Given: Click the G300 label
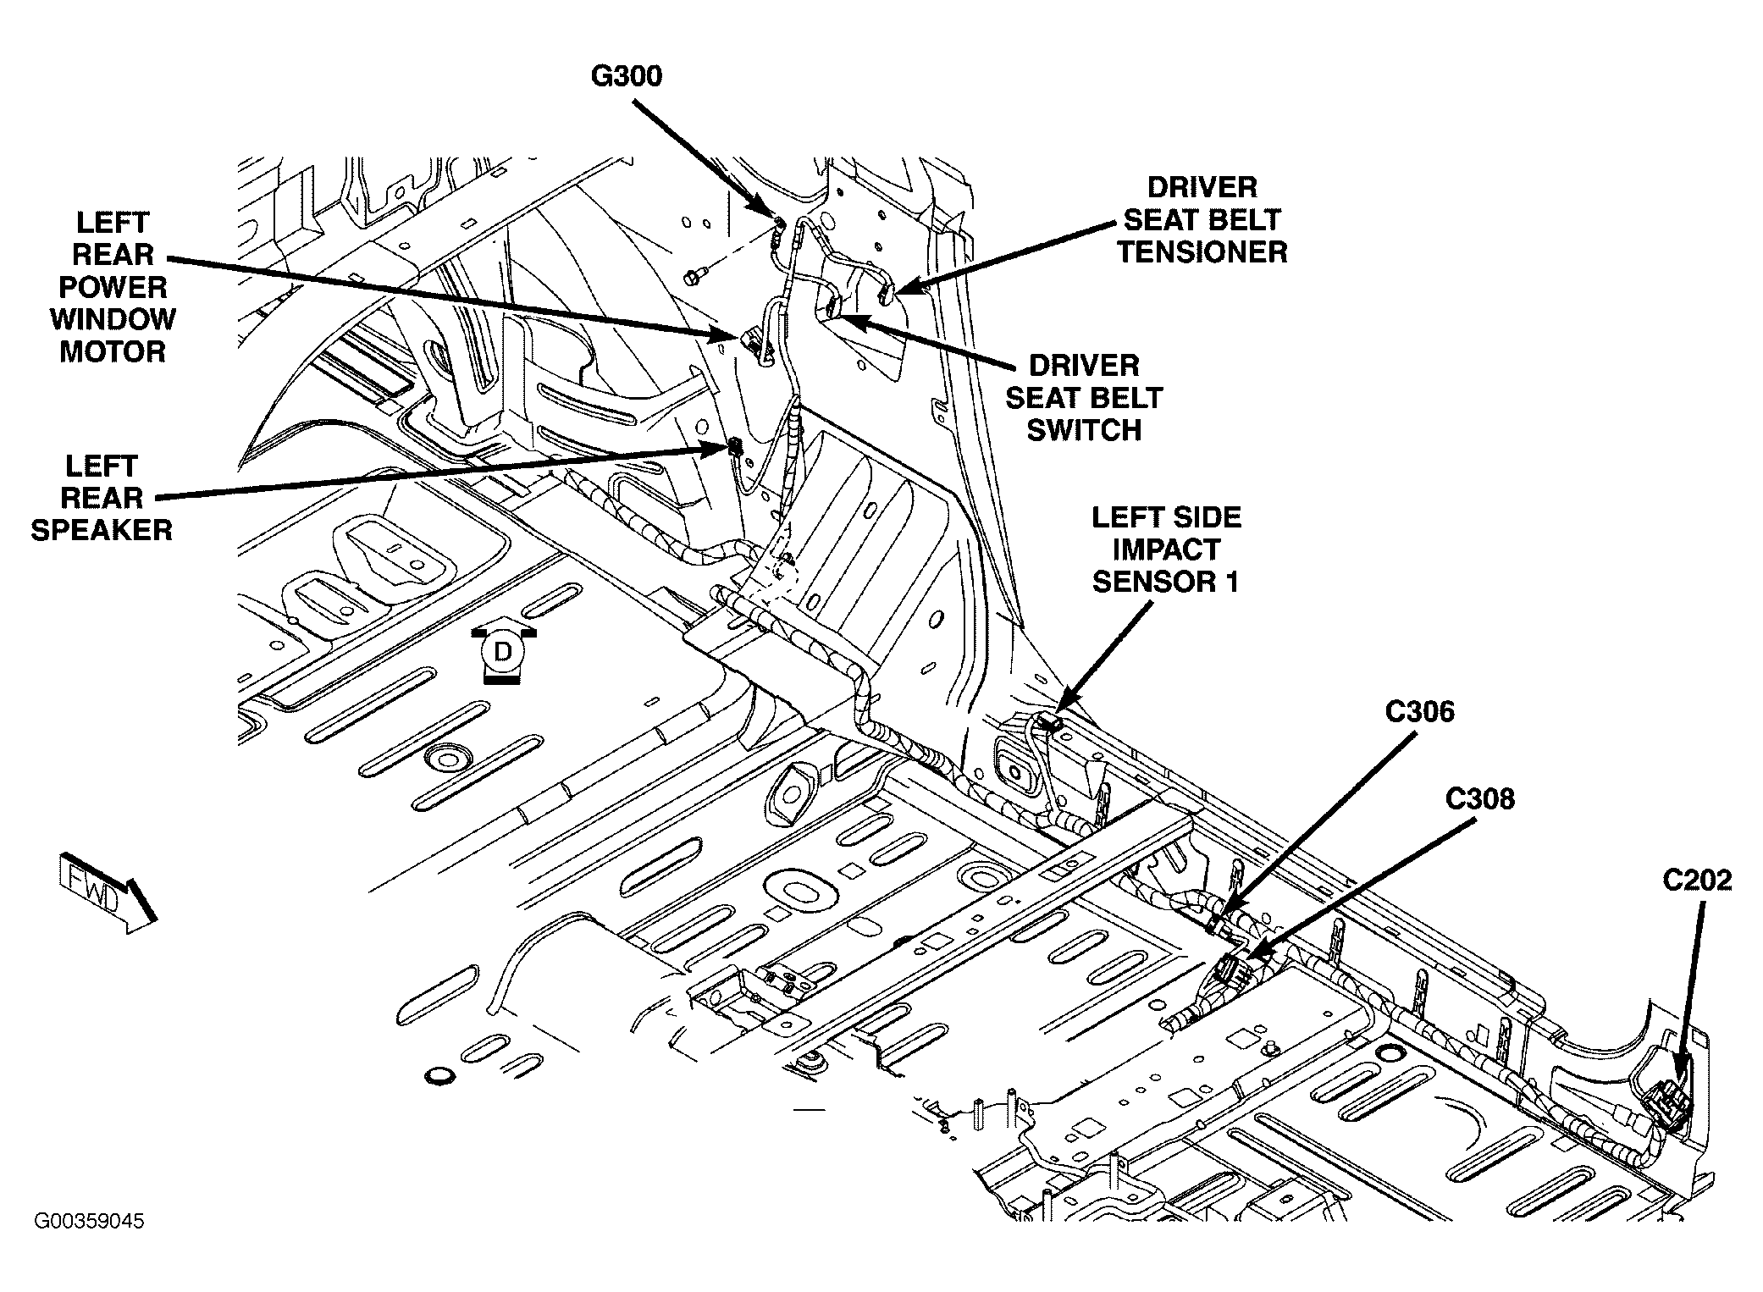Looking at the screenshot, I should (x=626, y=76).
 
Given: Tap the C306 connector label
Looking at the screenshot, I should (x=1419, y=712).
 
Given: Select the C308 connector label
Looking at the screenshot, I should (x=1479, y=798).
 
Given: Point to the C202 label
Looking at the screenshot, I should (x=1697, y=881).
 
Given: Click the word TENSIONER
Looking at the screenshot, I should (x=1202, y=252).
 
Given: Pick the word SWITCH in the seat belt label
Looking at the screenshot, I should (x=1083, y=430).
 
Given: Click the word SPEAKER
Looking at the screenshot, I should (x=102, y=530).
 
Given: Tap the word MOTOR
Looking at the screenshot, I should (x=112, y=351).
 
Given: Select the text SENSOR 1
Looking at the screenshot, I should (x=1165, y=582).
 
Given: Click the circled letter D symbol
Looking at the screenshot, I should (x=503, y=653).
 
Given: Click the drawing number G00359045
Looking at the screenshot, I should (x=89, y=1221).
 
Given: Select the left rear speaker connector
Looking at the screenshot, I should (x=732, y=450).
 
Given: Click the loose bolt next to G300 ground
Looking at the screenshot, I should (x=693, y=275).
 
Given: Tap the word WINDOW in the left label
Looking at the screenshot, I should (x=112, y=320).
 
